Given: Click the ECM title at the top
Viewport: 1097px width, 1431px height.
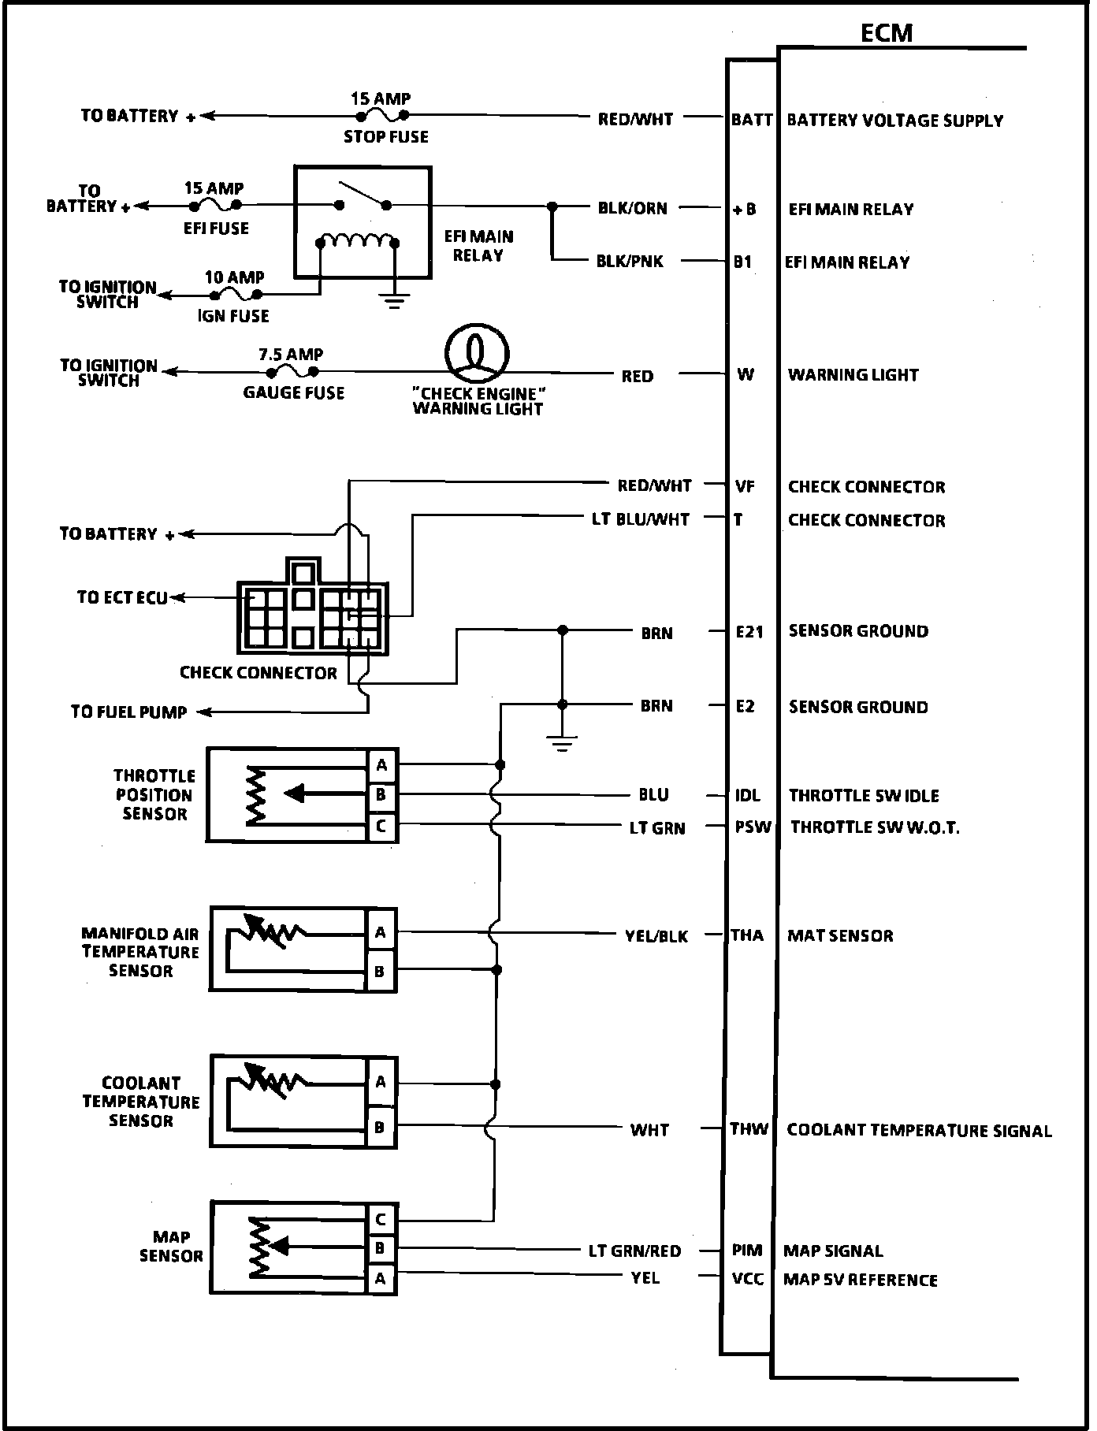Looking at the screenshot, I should pos(887,32).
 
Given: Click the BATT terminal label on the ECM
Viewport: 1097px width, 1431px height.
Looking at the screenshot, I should pos(752,120).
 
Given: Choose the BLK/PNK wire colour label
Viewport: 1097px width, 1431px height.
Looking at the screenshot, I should pos(630,262).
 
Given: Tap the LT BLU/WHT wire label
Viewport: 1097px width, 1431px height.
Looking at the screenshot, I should pos(641,520).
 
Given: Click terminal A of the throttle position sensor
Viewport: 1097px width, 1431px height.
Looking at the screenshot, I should pos(381,765).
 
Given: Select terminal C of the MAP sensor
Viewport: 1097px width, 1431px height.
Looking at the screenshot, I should pos(381,1221).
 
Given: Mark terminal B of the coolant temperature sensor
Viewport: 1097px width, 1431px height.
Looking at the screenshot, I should pos(380,1128).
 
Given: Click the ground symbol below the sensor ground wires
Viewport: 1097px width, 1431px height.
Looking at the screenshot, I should pos(562,743).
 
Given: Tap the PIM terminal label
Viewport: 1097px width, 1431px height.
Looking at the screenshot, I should pos(747,1251).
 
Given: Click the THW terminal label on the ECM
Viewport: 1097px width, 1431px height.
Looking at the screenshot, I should pos(749,1129).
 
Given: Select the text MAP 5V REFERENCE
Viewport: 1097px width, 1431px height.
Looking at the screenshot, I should pos(861,1280).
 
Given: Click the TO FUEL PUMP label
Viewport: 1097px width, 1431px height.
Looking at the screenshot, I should pos(128,712).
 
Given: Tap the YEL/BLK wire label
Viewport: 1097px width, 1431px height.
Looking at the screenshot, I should pos(656,936).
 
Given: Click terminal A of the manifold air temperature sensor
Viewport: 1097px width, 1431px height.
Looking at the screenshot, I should pos(380,933).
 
